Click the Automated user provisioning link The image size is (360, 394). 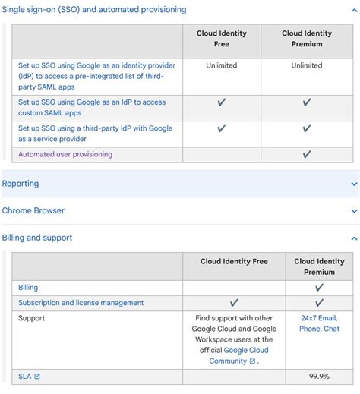click(x=65, y=154)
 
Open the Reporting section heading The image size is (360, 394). click(x=21, y=184)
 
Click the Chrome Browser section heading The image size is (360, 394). click(x=33, y=210)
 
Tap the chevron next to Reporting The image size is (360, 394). click(x=354, y=184)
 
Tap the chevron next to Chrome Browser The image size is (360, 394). click(x=354, y=211)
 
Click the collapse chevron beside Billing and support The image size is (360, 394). click(x=354, y=238)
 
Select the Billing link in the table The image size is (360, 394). click(x=28, y=288)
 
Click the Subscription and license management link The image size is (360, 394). click(x=81, y=303)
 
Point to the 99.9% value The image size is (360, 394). click(x=319, y=376)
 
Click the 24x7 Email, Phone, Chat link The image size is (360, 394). click(x=319, y=323)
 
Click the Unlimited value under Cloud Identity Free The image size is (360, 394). click(x=222, y=65)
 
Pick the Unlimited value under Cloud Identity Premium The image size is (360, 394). click(x=307, y=65)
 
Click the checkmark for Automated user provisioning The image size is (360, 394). click(x=307, y=154)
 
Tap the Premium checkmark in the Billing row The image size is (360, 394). click(x=319, y=288)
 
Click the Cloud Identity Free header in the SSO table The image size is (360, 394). click(x=222, y=38)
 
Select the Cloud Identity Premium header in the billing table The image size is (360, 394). click(x=319, y=266)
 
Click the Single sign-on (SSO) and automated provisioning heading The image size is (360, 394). click(x=94, y=10)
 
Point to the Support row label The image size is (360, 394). click(x=32, y=318)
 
